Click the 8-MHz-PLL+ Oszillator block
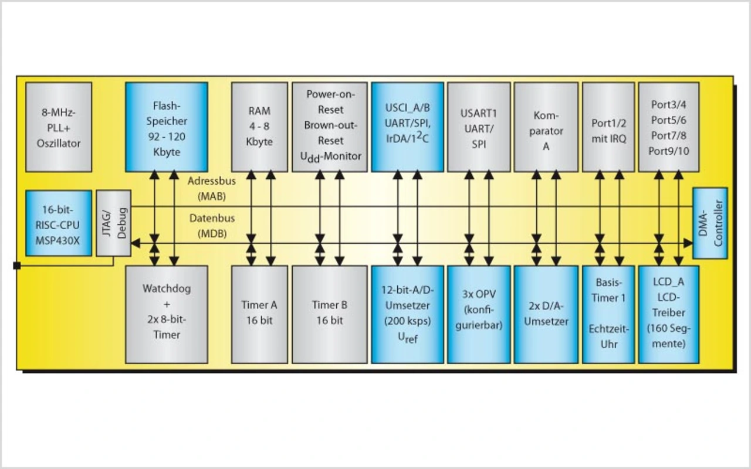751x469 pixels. [58, 127]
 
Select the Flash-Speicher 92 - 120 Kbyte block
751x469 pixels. [167, 127]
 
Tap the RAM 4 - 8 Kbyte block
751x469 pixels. [259, 127]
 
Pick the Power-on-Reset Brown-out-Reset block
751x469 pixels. [330, 127]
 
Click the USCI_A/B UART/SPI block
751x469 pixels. [407, 127]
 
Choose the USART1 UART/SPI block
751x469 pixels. [478, 127]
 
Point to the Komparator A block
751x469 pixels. [546, 127]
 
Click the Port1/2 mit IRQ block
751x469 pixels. [608, 127]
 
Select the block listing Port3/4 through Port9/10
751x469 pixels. [669, 127]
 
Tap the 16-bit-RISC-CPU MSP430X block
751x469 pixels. [58, 223]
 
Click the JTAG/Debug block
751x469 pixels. [113, 223]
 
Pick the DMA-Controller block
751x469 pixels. [710, 223]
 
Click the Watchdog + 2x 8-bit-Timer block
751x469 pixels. [167, 314]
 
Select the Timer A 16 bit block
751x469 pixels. [259, 314]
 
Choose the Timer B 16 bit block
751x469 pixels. [330, 314]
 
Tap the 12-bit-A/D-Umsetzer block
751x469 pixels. [407, 314]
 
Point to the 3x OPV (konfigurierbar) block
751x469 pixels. [478, 314]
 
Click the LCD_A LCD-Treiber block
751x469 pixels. [669, 314]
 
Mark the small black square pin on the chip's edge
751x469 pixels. [16, 266]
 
